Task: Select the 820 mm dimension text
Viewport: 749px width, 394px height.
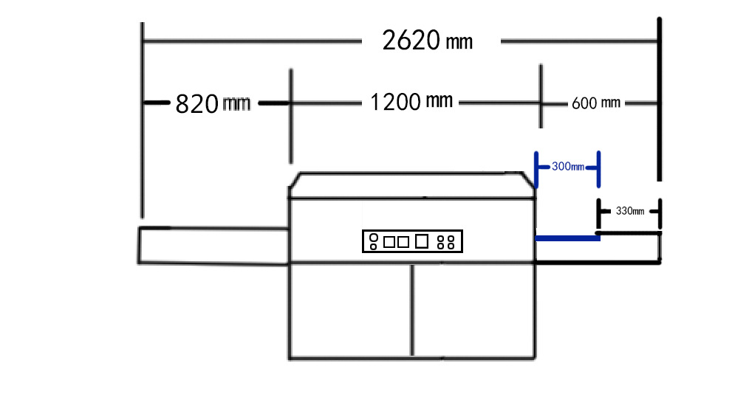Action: [213, 104]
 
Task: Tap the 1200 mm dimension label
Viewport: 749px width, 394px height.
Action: [411, 102]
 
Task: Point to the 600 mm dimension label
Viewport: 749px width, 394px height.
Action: [595, 103]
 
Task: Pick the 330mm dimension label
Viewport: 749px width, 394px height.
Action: [629, 211]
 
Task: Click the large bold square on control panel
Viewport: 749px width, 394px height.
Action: [422, 241]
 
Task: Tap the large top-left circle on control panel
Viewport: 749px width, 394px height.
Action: [373, 238]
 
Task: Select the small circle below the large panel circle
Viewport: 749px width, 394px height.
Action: [373, 246]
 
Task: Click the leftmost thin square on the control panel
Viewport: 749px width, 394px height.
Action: [389, 241]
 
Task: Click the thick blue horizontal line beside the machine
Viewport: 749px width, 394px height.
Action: [567, 238]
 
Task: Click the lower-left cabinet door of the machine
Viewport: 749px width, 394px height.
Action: [350, 310]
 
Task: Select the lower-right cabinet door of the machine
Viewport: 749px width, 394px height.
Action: [473, 310]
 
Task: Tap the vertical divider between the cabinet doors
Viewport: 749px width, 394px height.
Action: [412, 310]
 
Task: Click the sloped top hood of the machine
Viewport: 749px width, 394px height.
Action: [412, 185]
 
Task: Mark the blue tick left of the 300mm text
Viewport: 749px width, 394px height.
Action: [536, 168]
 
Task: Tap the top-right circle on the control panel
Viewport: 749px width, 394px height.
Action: [450, 238]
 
